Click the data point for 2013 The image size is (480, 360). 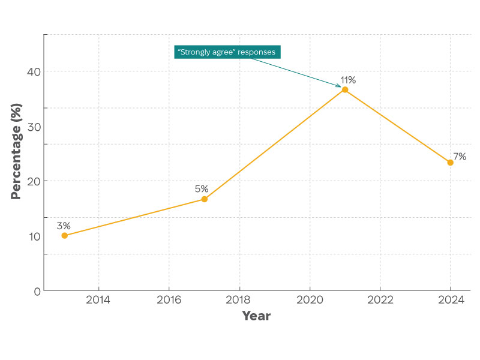[x=64, y=235]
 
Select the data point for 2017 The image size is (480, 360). [x=204, y=199]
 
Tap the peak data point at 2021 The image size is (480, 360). [x=345, y=89]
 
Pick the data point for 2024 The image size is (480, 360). [x=450, y=162]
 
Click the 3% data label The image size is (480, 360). [x=64, y=226]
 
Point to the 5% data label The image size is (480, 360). [x=202, y=189]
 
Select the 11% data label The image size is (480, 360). [x=348, y=80]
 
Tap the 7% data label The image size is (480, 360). [x=460, y=157]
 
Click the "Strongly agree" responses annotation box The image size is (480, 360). [x=227, y=52]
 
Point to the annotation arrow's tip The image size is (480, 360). [x=341, y=87]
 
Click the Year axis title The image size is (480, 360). [x=256, y=316]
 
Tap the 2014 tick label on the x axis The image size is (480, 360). [x=98, y=299]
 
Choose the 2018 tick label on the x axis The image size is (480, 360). [x=239, y=299]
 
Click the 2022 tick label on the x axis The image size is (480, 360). [x=380, y=299]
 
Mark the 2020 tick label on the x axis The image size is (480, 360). [x=310, y=299]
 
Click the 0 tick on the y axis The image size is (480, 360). [x=37, y=291]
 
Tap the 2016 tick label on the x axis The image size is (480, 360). [x=169, y=299]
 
